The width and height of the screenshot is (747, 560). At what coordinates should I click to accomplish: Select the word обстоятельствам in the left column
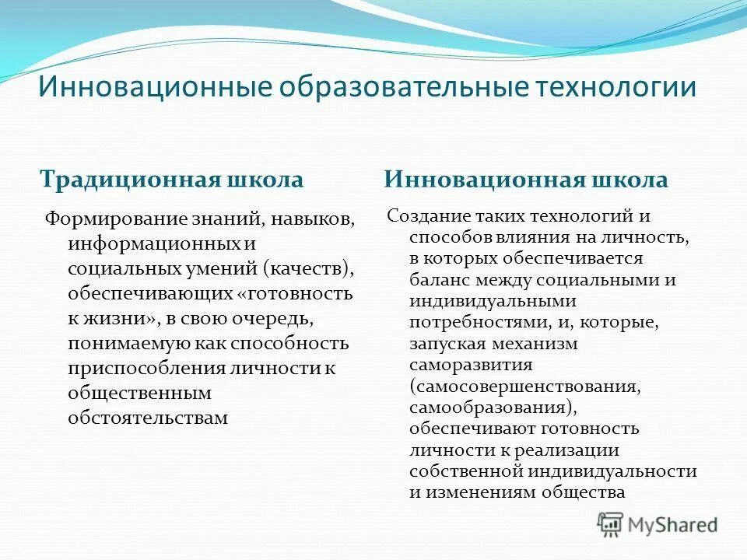(148, 418)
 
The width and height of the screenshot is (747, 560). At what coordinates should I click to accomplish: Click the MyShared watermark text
(673, 524)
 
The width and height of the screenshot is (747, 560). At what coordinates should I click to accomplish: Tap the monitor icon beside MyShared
(611, 523)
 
